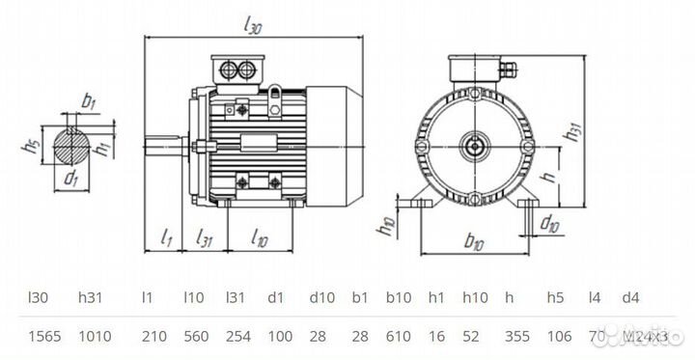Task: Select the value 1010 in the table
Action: [94, 337]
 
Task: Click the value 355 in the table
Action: [516, 337]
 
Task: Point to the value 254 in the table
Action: [236, 337]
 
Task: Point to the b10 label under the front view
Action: [473, 241]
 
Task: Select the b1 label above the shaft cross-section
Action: [89, 100]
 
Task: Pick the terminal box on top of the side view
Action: [238, 69]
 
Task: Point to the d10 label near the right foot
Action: [549, 225]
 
